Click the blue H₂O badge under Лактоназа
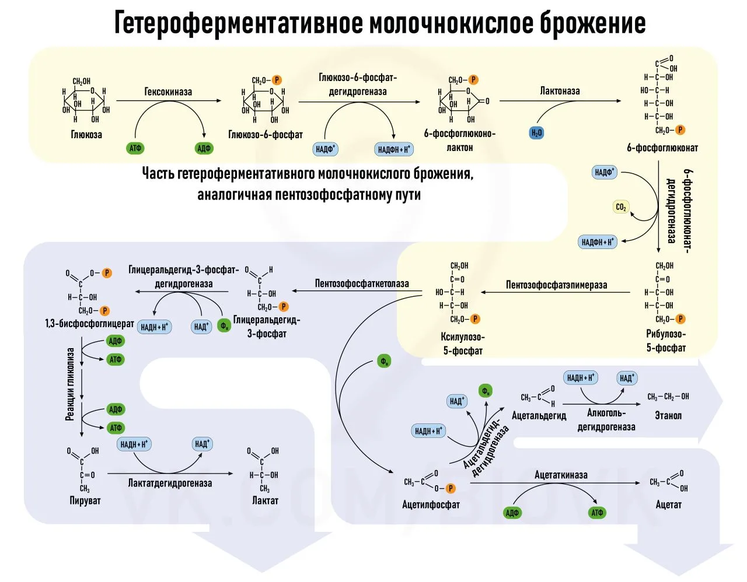[536, 133]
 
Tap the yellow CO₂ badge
[621, 207]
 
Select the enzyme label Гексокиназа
[168, 92]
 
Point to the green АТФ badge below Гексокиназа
[135, 148]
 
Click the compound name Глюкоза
[86, 135]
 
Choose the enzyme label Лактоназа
[560, 91]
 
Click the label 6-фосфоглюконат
[662, 148]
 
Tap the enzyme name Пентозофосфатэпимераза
[556, 285]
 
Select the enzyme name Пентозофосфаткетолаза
[362, 283]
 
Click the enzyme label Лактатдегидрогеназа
[170, 483]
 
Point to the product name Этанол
[668, 415]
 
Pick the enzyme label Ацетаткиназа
[561, 475]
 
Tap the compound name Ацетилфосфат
[431, 504]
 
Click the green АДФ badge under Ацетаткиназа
[512, 513]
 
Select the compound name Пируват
[85, 500]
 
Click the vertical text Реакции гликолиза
[70, 384]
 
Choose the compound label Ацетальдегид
[539, 416]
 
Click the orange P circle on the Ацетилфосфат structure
[450, 488]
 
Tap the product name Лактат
[265, 500]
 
